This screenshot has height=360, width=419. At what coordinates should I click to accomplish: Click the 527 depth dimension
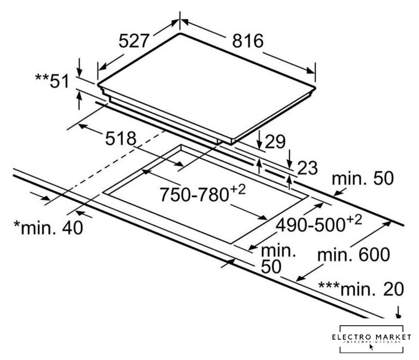[135, 41]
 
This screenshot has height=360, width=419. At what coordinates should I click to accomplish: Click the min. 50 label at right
[363, 179]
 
